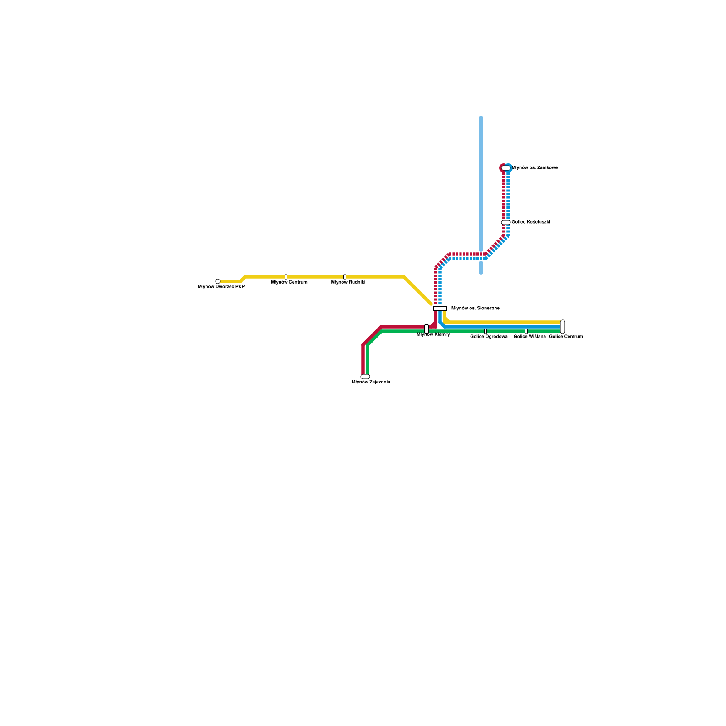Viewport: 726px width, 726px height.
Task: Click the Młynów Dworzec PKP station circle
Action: [218, 281]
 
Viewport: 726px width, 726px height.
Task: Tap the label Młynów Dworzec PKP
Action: [221, 287]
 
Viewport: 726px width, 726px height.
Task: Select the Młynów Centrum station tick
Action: [286, 277]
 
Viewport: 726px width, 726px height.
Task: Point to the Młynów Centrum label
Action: [289, 282]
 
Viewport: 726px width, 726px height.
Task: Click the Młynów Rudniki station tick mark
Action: [345, 277]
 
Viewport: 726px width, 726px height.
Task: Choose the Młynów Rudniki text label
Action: [348, 282]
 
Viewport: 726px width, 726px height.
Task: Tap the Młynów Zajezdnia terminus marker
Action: [365, 377]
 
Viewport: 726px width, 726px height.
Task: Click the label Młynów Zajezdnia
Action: [371, 382]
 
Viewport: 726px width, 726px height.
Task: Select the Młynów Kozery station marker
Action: [427, 329]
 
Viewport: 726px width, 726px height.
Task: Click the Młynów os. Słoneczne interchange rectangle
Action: [440, 309]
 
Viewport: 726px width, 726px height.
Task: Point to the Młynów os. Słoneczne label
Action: [475, 309]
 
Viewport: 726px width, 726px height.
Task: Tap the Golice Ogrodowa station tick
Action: [486, 331]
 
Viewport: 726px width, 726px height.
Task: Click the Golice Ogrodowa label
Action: [489, 337]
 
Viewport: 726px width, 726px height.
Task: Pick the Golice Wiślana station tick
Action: [526, 331]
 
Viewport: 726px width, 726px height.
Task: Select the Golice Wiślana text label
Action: [530, 337]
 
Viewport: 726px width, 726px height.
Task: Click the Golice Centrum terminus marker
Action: [563, 327]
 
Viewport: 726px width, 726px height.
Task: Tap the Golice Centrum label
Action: [566, 337]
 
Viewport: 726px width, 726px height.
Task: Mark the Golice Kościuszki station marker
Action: [506, 222]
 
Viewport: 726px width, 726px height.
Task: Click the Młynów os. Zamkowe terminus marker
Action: [506, 168]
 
